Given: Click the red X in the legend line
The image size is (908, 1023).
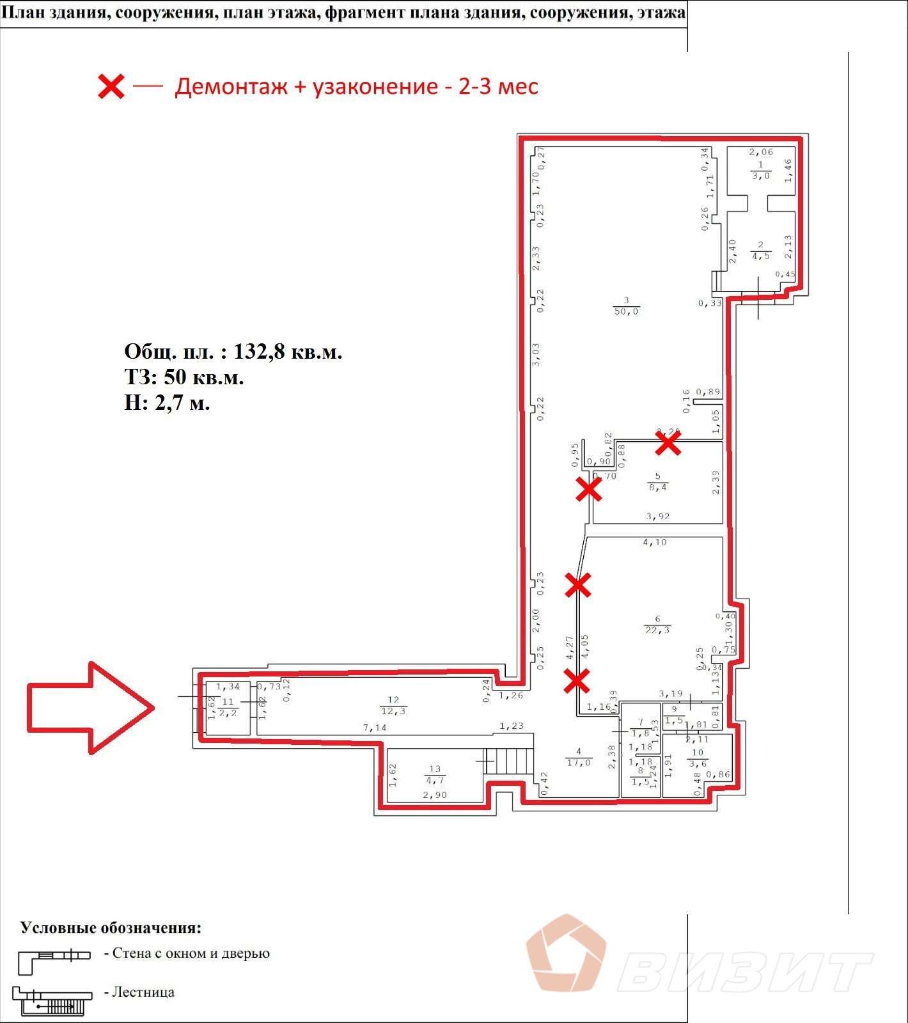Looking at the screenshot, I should (x=111, y=86).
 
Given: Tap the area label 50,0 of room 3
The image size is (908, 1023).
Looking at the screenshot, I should (x=626, y=311).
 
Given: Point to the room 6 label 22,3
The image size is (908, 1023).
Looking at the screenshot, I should (x=657, y=630).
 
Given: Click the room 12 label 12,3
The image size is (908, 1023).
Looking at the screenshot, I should (x=393, y=711).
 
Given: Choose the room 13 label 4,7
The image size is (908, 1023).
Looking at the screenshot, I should (x=435, y=780).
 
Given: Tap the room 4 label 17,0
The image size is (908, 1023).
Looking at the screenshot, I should (x=578, y=762).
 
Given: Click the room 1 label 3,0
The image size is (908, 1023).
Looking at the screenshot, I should (x=760, y=175).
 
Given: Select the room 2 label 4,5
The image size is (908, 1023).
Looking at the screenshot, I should (x=760, y=255).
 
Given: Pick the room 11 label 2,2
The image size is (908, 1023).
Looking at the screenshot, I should (x=228, y=712).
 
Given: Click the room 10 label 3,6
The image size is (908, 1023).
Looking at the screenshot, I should (x=697, y=763).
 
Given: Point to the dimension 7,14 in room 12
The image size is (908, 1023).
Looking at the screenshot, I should (x=375, y=728).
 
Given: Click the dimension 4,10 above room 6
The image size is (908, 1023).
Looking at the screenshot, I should (x=654, y=542).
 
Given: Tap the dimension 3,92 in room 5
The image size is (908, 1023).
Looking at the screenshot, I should (x=657, y=516).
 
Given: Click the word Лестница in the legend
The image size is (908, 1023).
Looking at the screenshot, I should (x=143, y=992).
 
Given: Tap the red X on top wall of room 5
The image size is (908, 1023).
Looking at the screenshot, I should (x=668, y=442).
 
